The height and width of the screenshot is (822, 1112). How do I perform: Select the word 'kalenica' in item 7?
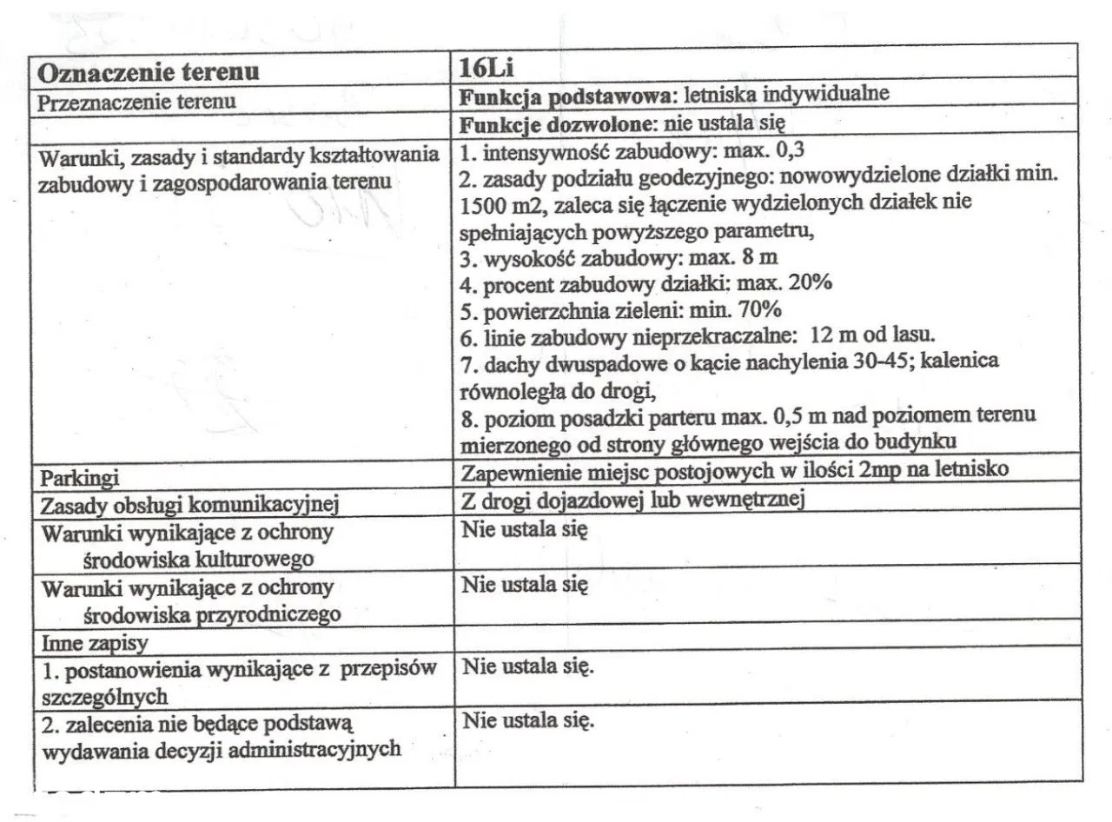pyautogui.click(x=970, y=359)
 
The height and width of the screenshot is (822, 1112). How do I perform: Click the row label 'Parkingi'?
pyautogui.click(x=80, y=478)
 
